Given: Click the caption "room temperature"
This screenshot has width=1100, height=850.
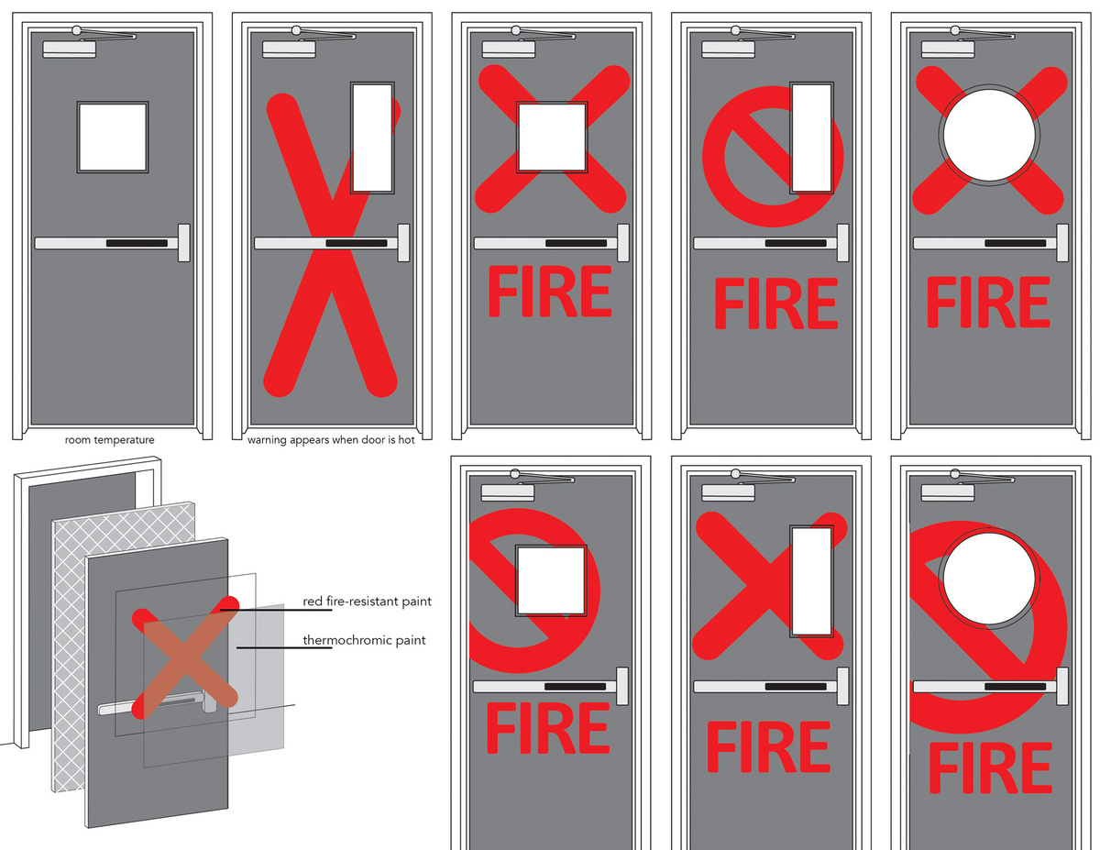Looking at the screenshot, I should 110,440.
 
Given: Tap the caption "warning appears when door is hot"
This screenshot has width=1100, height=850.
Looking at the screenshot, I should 331,440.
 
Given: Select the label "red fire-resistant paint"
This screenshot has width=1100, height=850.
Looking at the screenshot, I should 367,602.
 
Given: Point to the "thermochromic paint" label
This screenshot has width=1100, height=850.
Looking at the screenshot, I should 364,641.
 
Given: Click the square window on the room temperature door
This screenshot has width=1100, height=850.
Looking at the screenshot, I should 112,137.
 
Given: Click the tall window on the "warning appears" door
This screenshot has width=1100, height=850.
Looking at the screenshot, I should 372,138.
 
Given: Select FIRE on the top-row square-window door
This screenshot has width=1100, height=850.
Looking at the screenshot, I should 549,293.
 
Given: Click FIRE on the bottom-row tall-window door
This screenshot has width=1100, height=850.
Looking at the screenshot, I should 768,746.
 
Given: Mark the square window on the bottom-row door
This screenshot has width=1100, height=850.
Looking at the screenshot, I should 551,580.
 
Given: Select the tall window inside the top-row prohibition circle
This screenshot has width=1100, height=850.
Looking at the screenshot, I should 812,138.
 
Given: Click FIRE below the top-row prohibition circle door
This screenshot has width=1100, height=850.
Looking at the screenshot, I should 775,304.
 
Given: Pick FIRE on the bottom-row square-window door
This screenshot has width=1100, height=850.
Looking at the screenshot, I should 549,730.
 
